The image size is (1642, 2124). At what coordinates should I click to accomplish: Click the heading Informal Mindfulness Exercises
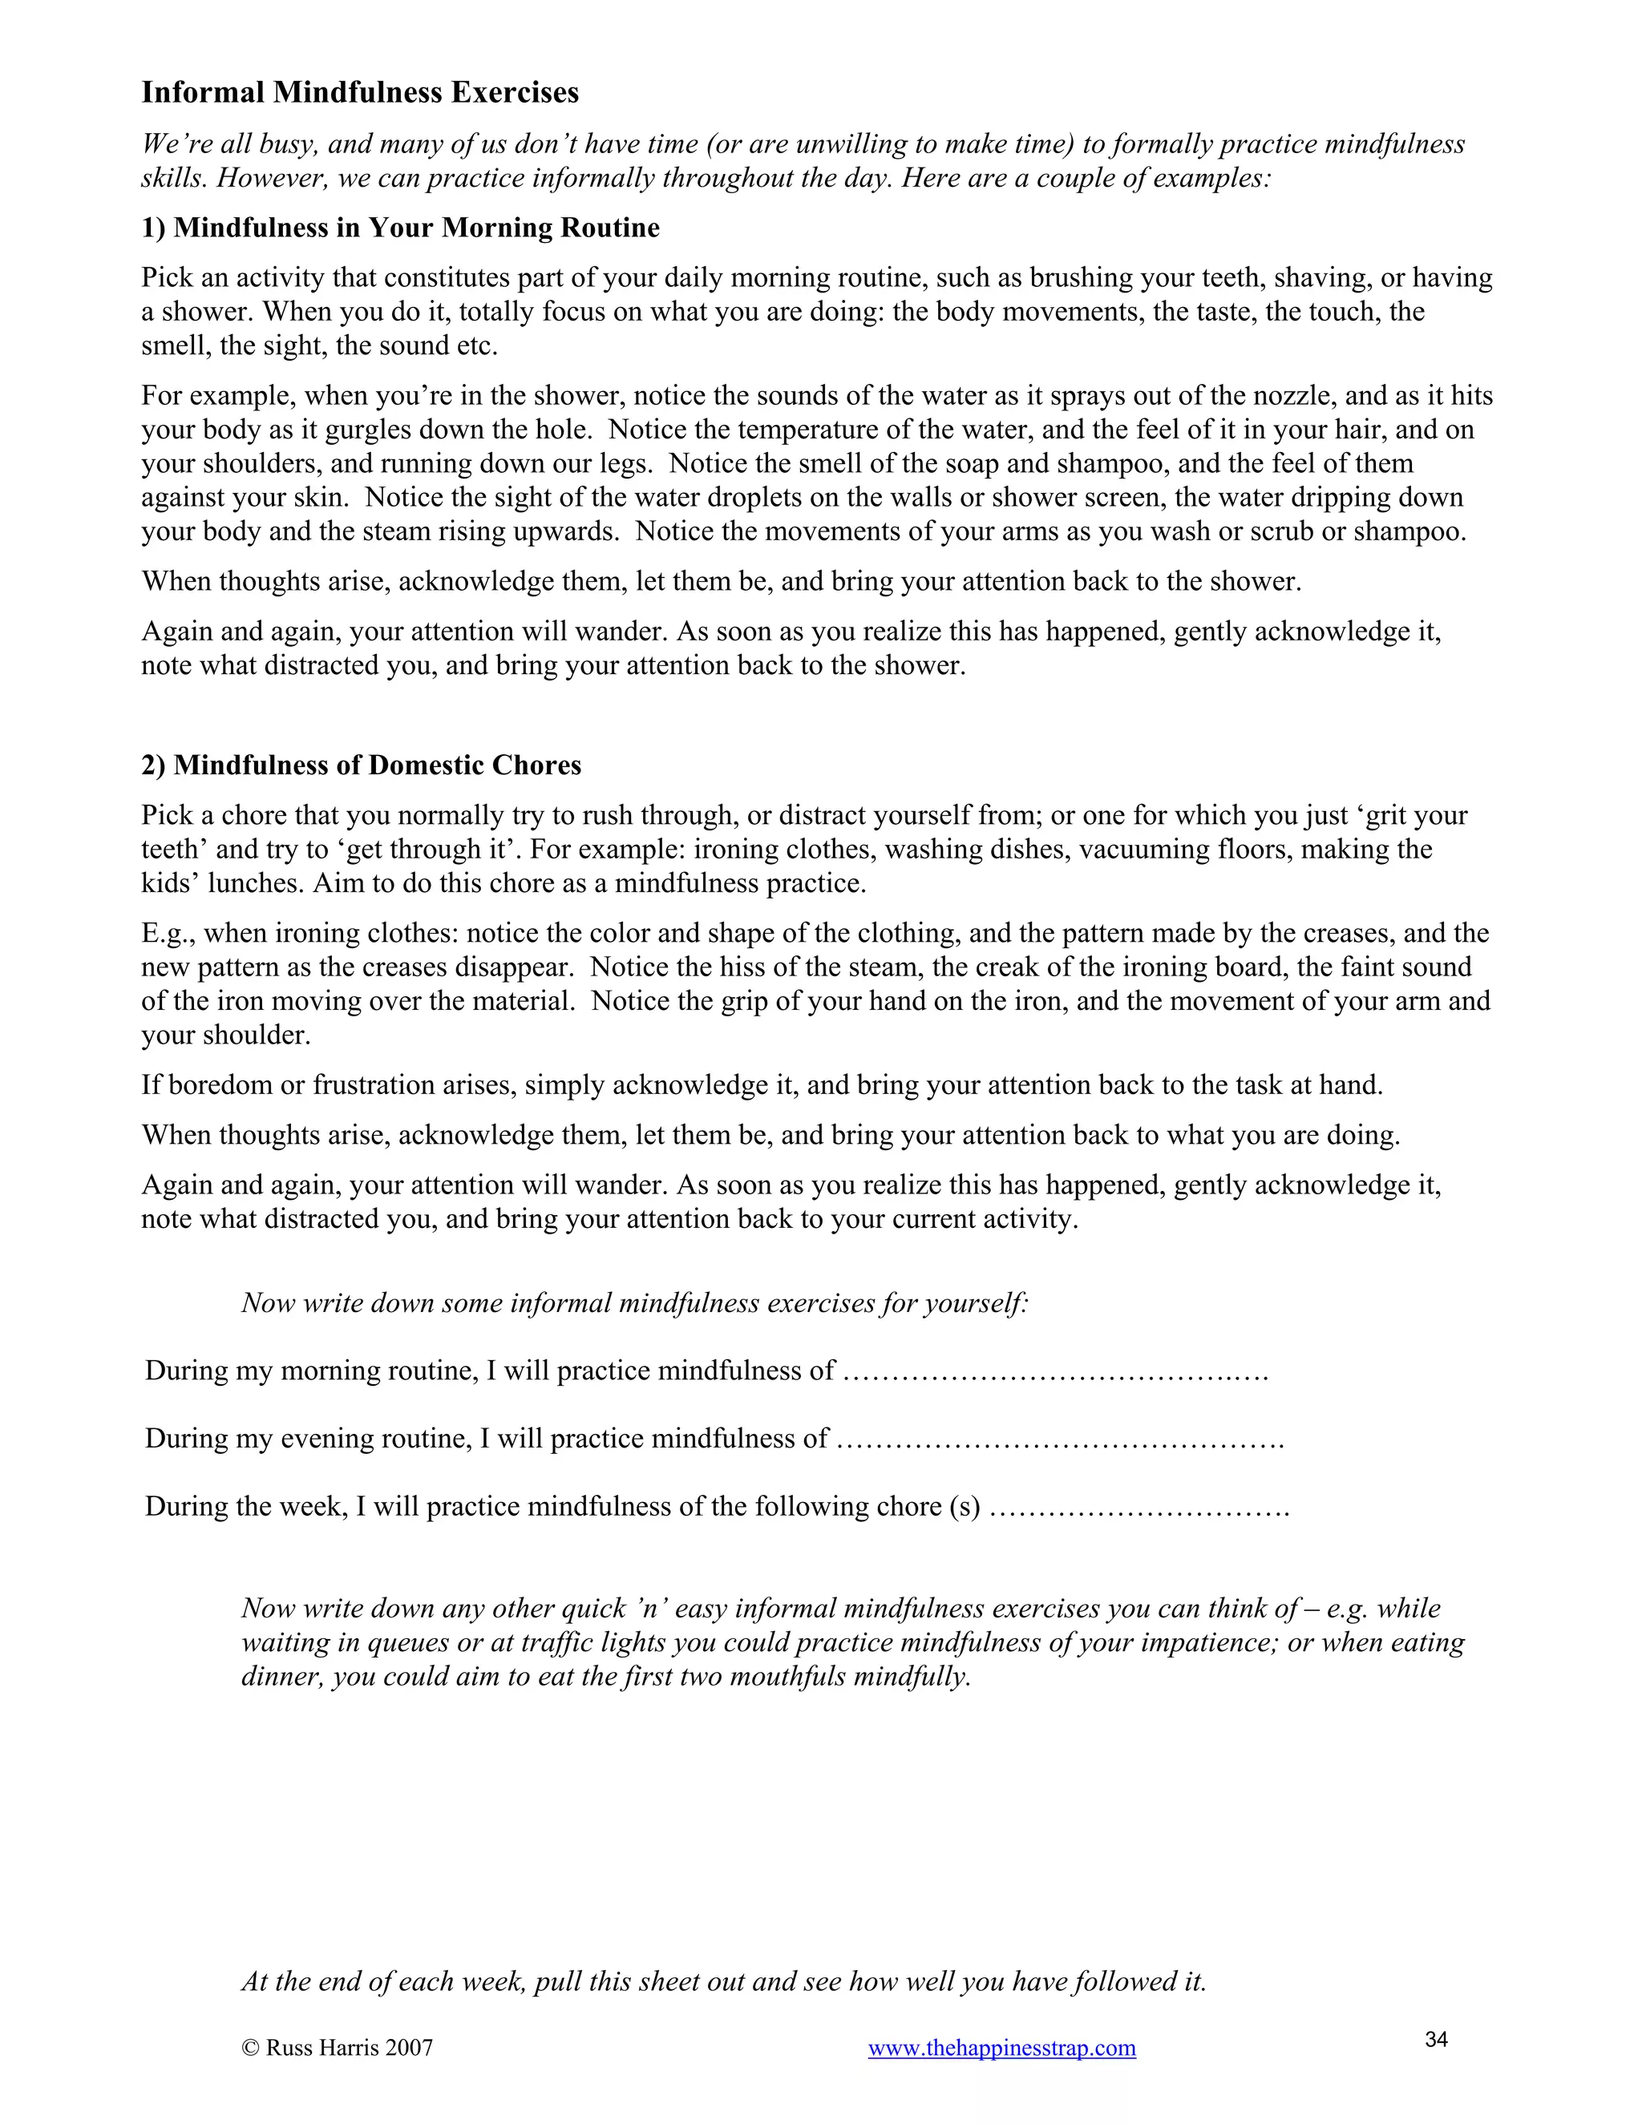pyautogui.click(x=360, y=92)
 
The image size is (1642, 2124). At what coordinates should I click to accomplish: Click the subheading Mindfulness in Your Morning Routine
pyautogui.click(x=400, y=228)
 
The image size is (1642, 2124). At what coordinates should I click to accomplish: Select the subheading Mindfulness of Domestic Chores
pyautogui.click(x=361, y=765)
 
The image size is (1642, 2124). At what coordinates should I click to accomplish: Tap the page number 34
pyautogui.click(x=1437, y=2038)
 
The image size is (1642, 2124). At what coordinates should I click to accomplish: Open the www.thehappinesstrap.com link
pyautogui.click(x=1002, y=2047)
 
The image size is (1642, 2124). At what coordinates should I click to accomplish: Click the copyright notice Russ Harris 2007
pyautogui.click(x=337, y=2047)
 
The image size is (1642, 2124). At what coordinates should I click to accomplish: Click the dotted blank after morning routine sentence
pyautogui.click(x=1055, y=1371)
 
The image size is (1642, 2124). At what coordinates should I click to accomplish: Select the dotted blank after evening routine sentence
pyautogui.click(x=1060, y=1440)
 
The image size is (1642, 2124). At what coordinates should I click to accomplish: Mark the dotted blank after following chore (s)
pyautogui.click(x=1139, y=1508)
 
